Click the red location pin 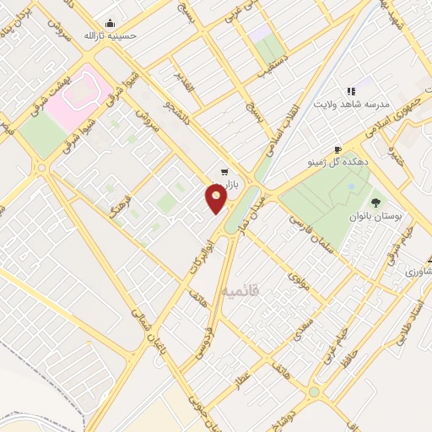pyautogui.click(x=216, y=198)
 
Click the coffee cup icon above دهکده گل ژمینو pyautogui.click(x=337, y=147)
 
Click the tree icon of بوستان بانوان pyautogui.click(x=375, y=203)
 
